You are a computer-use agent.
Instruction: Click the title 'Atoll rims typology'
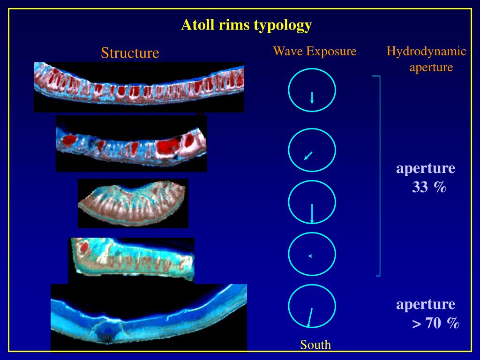pyautogui.click(x=247, y=25)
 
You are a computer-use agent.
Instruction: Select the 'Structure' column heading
pyautogui.click(x=130, y=53)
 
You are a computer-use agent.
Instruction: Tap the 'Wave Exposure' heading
pyautogui.click(x=315, y=51)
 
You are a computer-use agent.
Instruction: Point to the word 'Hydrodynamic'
pyautogui.click(x=426, y=52)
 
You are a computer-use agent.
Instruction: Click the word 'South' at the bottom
pyautogui.click(x=315, y=345)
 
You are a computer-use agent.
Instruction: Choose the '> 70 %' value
pyautogui.click(x=435, y=323)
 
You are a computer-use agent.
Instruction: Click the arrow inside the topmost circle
pyautogui.click(x=312, y=97)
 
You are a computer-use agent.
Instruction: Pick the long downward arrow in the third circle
pyautogui.click(x=312, y=213)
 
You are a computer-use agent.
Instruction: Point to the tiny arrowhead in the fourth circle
pyautogui.click(x=310, y=255)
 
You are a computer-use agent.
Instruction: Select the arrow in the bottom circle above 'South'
pyautogui.click(x=310, y=317)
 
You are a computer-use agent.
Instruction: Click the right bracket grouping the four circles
pyautogui.click(x=379, y=176)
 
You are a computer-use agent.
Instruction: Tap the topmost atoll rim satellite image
pyautogui.click(x=139, y=87)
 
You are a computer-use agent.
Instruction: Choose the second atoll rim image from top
pyautogui.click(x=131, y=143)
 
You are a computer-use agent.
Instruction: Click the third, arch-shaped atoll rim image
pyautogui.click(x=133, y=203)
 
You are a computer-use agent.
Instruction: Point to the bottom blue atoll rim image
pyautogui.click(x=149, y=317)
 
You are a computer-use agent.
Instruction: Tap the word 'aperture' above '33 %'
pyautogui.click(x=426, y=168)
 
